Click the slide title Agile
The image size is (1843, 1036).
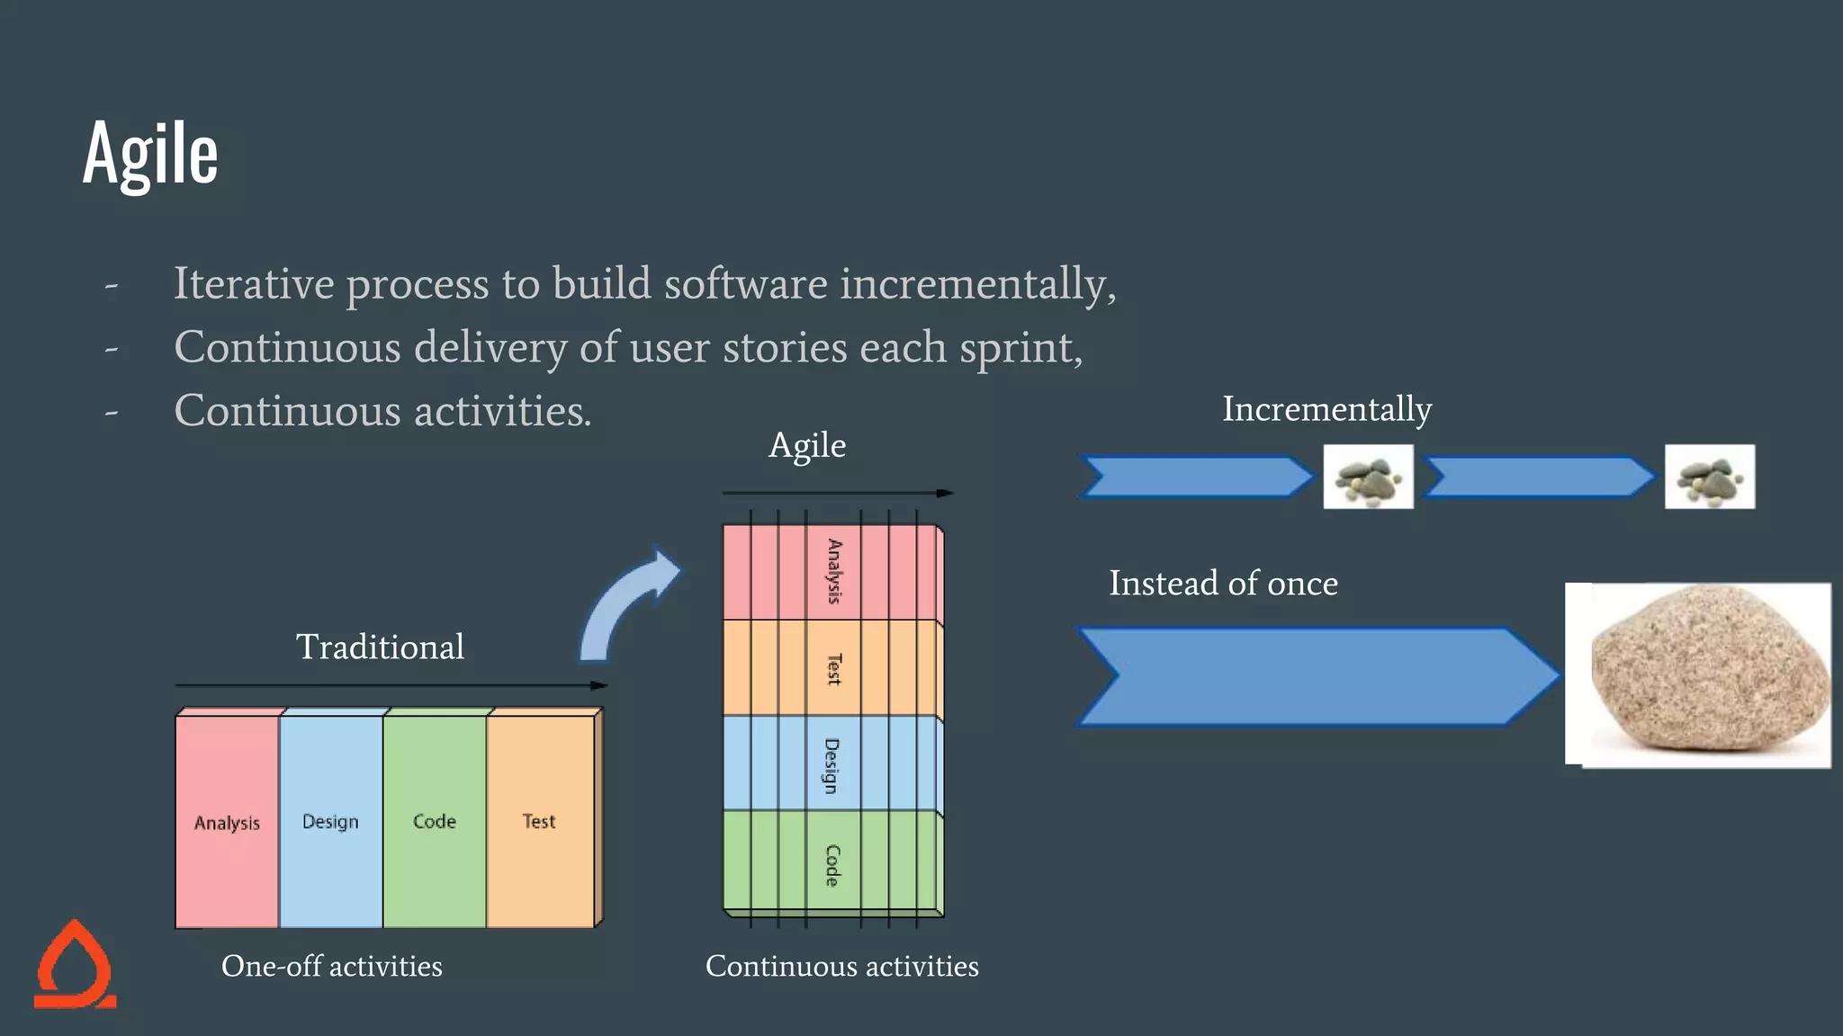[150, 154]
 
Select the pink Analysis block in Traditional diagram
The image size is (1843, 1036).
[227, 822]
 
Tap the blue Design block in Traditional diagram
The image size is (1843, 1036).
[330, 821]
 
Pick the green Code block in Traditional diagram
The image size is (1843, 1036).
[435, 821]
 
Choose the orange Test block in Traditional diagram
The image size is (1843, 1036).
[539, 821]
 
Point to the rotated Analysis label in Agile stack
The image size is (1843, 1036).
[834, 572]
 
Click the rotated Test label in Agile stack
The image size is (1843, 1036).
[834, 669]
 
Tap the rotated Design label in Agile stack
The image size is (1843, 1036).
[832, 765]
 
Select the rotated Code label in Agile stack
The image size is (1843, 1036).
[832, 865]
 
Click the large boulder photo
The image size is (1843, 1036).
[1699, 675]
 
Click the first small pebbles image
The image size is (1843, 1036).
[1368, 477]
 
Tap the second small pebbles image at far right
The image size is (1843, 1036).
[1709, 477]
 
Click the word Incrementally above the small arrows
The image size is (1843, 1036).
[1326, 409]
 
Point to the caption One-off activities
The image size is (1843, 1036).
[332, 966]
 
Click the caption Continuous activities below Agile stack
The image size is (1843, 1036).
[841, 966]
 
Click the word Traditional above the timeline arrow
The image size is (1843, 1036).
[380, 647]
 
